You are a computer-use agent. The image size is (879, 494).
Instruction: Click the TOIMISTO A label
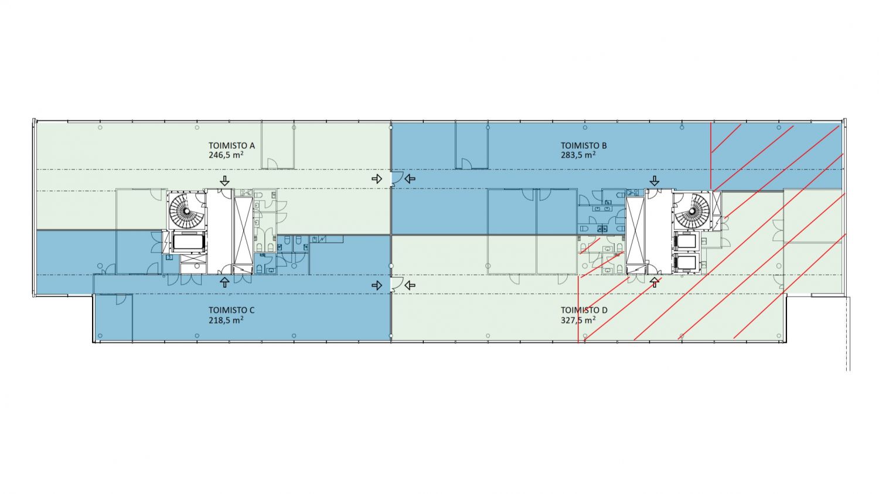click(231, 145)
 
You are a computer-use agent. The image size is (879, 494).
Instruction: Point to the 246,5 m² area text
click(226, 155)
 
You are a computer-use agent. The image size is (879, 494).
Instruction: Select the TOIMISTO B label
click(584, 145)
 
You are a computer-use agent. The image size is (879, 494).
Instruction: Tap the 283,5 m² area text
click(578, 155)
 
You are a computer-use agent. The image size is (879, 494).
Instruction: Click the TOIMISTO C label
click(231, 311)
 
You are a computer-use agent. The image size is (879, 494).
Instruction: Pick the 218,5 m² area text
click(226, 320)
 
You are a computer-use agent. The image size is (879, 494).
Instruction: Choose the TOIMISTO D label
click(584, 311)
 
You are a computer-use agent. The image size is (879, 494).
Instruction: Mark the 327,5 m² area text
click(578, 320)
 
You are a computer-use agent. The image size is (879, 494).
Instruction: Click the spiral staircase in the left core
click(187, 211)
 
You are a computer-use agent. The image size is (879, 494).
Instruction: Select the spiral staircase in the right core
click(692, 211)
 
